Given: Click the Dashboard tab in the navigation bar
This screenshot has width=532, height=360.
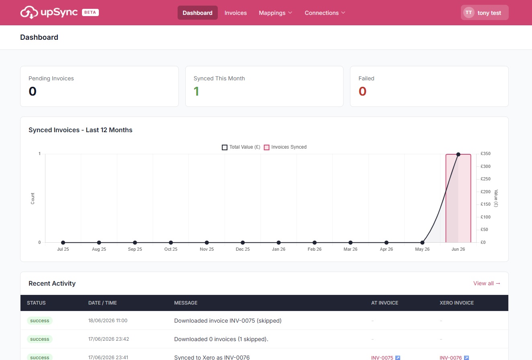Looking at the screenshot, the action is (197, 13).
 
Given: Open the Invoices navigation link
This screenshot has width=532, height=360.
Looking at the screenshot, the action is (235, 13).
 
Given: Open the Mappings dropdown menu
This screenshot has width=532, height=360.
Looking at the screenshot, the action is (275, 13).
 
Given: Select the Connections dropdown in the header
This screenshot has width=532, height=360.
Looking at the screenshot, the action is (325, 13).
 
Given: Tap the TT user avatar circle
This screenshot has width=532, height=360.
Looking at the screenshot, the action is (469, 12).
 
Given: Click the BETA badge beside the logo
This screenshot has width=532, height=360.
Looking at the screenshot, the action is (90, 12).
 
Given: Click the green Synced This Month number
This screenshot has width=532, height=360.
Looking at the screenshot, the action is (196, 92).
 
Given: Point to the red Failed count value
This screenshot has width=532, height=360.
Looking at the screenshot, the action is (362, 92).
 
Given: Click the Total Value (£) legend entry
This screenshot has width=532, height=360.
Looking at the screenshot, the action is (241, 147).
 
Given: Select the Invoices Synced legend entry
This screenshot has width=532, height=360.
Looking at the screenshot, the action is (285, 147).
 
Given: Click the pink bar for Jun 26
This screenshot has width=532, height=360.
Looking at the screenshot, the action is (458, 198).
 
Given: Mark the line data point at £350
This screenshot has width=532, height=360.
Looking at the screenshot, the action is (458, 154).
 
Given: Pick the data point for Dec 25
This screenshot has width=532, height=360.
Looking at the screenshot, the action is (243, 242).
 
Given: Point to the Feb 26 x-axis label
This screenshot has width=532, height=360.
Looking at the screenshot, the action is (315, 249).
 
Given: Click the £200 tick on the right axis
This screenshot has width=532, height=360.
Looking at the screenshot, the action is (485, 192).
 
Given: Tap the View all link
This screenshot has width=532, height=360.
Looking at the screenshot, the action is (487, 283).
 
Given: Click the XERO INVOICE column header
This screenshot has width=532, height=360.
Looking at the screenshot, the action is (456, 303).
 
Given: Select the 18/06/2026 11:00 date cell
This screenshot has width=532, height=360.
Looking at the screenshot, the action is (108, 321).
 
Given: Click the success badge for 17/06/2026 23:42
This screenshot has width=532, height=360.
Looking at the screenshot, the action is (40, 339).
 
